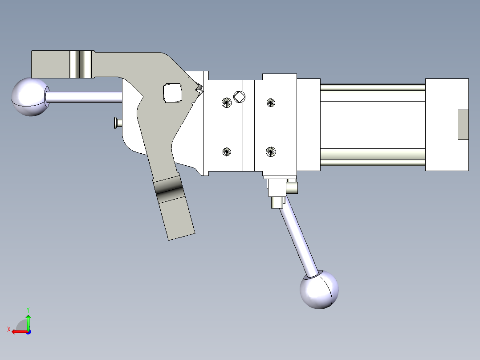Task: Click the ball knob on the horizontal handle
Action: [x=30, y=97]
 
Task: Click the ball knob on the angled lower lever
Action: [x=319, y=290]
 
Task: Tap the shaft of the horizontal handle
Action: [x=84, y=97]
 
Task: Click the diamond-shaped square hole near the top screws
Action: [x=240, y=97]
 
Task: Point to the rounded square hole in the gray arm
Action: [x=173, y=93]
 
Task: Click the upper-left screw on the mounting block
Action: [x=227, y=102]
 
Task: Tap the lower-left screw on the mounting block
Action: [x=227, y=151]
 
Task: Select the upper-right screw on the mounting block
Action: [x=271, y=102]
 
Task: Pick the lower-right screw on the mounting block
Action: [x=271, y=151]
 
